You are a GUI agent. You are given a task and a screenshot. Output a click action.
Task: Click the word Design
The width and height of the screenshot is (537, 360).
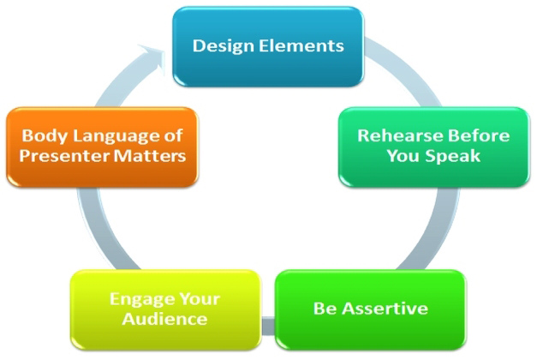(x=218, y=44)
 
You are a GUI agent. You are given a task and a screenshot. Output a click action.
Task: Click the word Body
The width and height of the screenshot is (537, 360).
(x=40, y=135)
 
